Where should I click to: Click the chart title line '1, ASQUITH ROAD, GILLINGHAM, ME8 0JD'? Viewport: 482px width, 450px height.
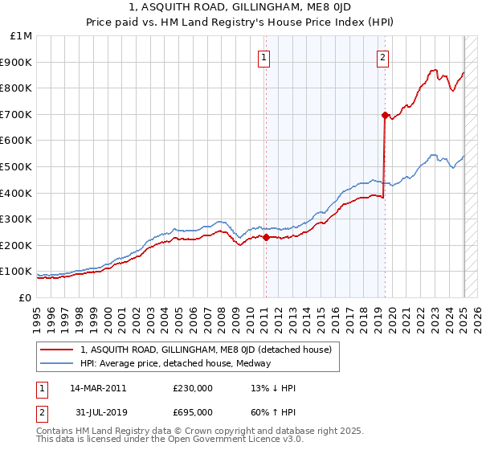[x=241, y=9]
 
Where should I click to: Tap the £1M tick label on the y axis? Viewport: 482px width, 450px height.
[x=22, y=36]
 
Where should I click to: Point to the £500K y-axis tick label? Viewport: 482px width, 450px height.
[x=18, y=166]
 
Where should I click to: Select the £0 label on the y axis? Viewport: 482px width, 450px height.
[x=26, y=297]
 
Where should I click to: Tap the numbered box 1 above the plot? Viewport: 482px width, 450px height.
[x=264, y=56]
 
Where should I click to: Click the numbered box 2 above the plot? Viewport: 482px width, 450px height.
[x=383, y=56]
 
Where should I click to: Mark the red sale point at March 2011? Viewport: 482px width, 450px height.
[x=266, y=236]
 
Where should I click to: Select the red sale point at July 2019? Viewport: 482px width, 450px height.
[x=385, y=115]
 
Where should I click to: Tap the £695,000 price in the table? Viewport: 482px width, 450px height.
[x=193, y=411]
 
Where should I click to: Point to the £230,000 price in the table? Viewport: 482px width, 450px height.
[x=193, y=388]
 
